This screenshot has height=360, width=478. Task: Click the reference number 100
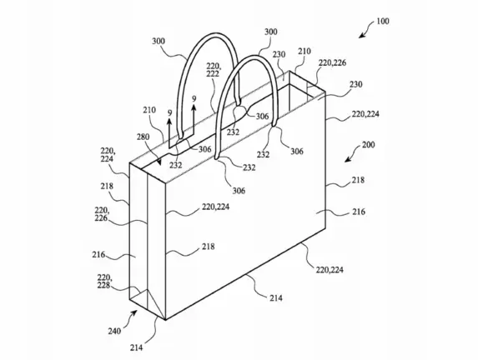pyautogui.click(x=383, y=22)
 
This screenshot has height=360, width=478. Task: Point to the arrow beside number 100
pyautogui.click(x=366, y=30)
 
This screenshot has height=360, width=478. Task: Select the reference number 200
pyautogui.click(x=368, y=145)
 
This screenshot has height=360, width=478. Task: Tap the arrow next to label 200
pyautogui.click(x=353, y=154)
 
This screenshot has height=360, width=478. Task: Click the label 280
pyautogui.click(x=143, y=137)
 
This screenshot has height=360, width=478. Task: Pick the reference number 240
pyautogui.click(x=114, y=331)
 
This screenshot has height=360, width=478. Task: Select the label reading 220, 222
pyautogui.click(x=213, y=70)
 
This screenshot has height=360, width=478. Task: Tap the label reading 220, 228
pyautogui.click(x=104, y=282)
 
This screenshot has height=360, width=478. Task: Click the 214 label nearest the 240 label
pyautogui.click(x=136, y=347)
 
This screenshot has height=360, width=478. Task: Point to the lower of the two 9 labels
pyautogui.click(x=170, y=113)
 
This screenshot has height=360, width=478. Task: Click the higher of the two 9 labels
pyautogui.click(x=194, y=99)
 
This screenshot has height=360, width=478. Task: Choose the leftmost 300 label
pyautogui.click(x=158, y=41)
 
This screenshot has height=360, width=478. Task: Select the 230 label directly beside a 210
pyautogui.click(x=279, y=54)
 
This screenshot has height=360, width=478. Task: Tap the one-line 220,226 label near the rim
pyautogui.click(x=332, y=63)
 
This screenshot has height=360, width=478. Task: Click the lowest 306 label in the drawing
pyautogui.click(x=239, y=191)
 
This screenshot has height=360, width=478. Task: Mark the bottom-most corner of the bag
pyautogui.click(x=165, y=320)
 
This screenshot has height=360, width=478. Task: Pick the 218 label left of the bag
pyautogui.click(x=107, y=186)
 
